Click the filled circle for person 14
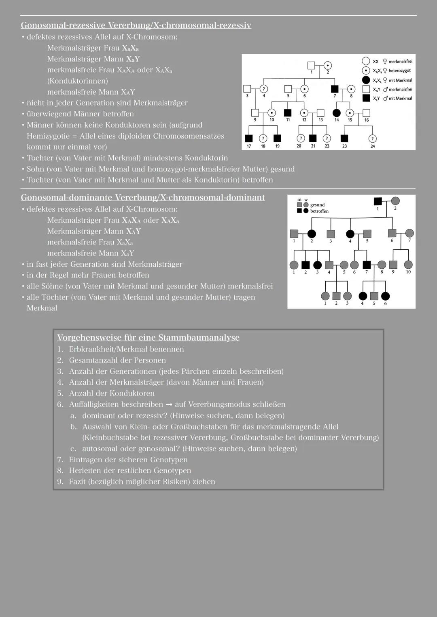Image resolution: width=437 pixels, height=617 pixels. tap(336, 113)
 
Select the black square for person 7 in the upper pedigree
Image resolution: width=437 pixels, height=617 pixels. tap(335, 89)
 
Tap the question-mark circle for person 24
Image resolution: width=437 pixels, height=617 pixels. tap(372, 139)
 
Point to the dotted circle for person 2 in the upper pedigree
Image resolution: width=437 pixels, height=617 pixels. tap(328, 65)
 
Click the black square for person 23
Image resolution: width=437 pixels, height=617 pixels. tap(344, 139)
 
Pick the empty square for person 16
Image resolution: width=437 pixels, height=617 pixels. tap(366, 113)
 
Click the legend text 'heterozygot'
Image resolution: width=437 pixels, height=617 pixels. tap(399, 71)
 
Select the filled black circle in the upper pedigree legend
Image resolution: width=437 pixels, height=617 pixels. tap(366, 80)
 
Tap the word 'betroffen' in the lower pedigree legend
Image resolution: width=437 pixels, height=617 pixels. tap(319, 211)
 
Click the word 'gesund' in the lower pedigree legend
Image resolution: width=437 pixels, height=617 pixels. tap(317, 205)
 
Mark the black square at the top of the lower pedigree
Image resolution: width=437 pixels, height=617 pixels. tap(378, 201)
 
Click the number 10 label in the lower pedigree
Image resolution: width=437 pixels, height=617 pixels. tap(408, 272)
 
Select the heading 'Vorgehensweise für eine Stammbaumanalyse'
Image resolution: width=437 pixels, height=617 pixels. tap(148, 338)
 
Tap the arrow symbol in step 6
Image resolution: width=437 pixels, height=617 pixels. tap(169, 405)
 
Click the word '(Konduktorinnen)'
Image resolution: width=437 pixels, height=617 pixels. tap(77, 81)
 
